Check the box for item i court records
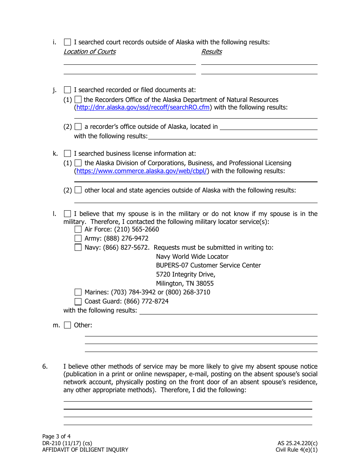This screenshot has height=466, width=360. pos(67,42)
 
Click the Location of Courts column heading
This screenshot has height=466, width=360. pos(89,52)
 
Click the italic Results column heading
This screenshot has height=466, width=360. pos(211,52)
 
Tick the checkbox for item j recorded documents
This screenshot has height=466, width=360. pos(67,90)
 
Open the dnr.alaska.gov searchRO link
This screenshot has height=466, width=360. pos(144,108)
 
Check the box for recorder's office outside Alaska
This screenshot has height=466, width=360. pos(78,127)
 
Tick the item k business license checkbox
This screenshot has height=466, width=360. pos(67,153)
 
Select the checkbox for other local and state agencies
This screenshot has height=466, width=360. pos(78,190)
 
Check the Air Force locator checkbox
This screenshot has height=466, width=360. pos(78,229)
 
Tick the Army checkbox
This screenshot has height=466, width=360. pos(78,238)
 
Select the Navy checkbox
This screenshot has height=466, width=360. pos(78,247)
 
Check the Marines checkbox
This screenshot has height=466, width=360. pos(78,292)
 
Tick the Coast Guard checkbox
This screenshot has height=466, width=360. pos(78,302)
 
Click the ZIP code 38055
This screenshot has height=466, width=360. pos(205,283)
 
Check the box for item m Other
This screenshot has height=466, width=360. pos(67,325)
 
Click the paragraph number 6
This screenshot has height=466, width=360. pos(45,366)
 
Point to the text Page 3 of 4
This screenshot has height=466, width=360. pos(56,436)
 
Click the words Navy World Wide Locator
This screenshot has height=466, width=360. pos(192,256)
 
